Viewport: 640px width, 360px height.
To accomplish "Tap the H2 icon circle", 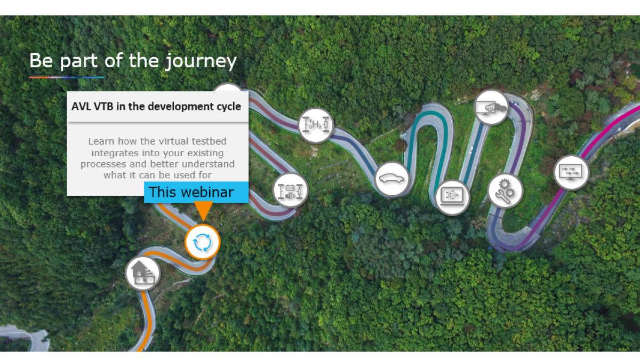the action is (316, 125).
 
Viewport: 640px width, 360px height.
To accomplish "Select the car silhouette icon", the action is (391, 179).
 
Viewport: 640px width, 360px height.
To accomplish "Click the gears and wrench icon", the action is (505, 190).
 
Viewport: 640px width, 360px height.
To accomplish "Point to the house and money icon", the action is (143, 274).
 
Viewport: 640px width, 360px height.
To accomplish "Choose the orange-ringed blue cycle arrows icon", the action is (203, 242).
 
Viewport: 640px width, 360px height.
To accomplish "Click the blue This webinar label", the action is (196, 193).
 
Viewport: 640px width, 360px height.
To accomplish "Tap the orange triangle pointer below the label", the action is (203, 211).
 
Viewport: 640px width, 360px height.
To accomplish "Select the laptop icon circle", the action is (453, 197).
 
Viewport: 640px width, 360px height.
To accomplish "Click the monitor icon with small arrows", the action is (571, 173).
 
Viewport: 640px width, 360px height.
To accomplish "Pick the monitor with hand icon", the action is (491, 107).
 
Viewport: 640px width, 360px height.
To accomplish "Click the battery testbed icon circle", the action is (290, 190).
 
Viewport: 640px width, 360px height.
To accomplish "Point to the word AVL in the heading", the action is (81, 107).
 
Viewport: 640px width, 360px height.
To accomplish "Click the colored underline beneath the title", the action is (67, 77).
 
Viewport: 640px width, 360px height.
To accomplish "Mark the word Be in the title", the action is (41, 61).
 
